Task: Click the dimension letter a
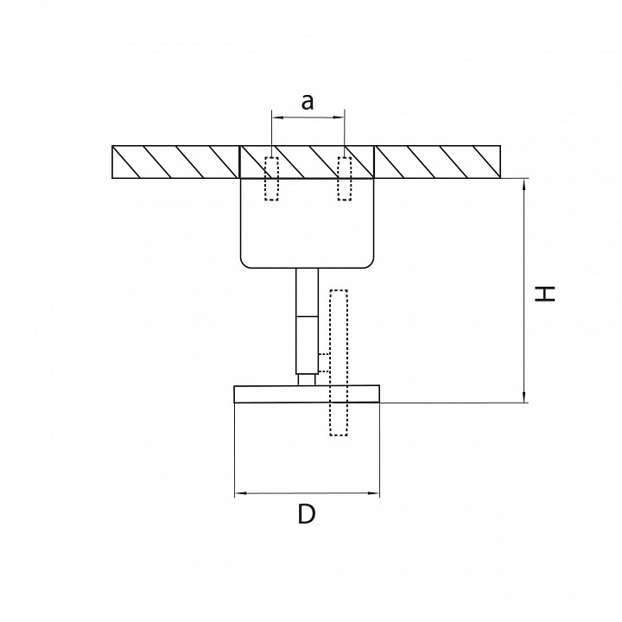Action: [308, 102]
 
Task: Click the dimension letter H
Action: [544, 294]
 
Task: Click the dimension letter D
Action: [307, 514]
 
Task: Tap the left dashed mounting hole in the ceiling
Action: [271, 179]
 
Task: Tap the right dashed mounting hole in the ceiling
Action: [345, 179]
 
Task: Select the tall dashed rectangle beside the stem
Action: [339, 363]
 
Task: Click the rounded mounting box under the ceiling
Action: [307, 223]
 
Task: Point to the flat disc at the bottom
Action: [307, 394]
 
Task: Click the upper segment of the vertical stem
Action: [307, 292]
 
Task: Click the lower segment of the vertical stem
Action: [307, 345]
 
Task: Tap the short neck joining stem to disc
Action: [307, 379]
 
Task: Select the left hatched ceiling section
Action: [175, 162]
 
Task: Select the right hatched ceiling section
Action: [437, 162]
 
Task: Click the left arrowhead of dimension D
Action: [240, 493]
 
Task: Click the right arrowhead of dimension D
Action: [374, 493]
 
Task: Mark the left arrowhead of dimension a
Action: [277, 117]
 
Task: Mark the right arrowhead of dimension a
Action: [339, 117]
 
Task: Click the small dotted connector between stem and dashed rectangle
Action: [324, 363]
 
